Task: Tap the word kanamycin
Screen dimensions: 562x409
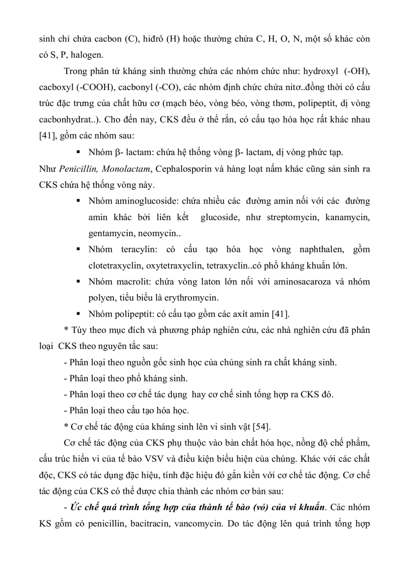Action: [347, 218]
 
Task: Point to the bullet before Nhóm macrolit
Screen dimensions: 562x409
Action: [78, 281]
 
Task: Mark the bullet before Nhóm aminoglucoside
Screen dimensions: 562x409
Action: [78, 201]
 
